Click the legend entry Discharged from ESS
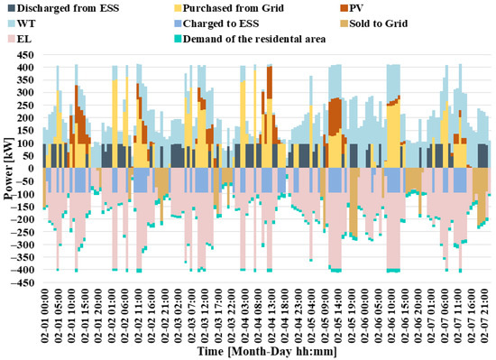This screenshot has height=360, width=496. point(64,8)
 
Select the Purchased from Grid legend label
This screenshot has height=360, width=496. point(229,8)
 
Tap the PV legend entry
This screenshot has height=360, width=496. point(352,8)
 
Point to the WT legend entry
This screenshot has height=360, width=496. point(23,23)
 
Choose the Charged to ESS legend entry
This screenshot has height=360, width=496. point(217,23)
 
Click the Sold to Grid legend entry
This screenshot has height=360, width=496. point(374,23)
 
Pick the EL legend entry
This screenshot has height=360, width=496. point(20,39)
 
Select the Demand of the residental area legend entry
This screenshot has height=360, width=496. point(250,39)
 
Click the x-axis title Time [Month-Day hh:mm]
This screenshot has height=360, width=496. point(267,352)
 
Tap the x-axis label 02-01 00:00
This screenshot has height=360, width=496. point(44,316)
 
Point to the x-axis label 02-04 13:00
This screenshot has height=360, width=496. point(271,316)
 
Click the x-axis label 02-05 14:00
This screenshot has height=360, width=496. point(338,316)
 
